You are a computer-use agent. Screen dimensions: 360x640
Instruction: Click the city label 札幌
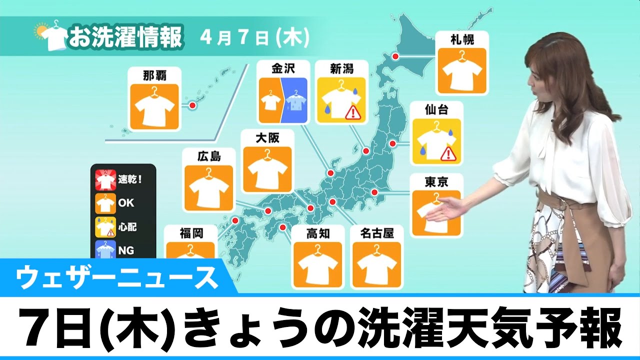click(462, 38)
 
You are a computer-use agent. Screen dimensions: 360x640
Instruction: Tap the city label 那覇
click(154, 75)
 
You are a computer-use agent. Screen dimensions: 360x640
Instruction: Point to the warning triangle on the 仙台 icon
click(448, 153)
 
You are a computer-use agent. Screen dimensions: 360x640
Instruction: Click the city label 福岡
click(191, 233)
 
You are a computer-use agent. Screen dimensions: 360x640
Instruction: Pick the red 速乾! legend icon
click(105, 178)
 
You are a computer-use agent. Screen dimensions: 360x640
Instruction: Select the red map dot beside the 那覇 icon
click(191, 105)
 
